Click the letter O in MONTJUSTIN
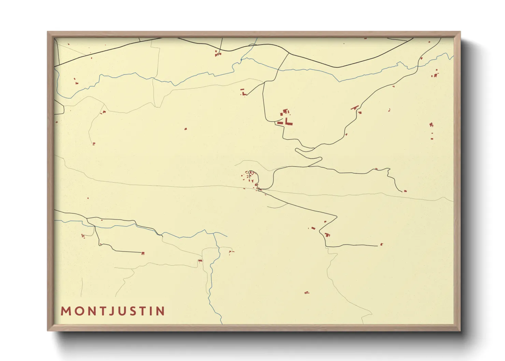[x=78, y=311]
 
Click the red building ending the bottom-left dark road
[x=143, y=253]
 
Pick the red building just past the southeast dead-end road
[x=381, y=244]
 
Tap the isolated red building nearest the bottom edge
[x=306, y=292]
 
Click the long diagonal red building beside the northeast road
[x=355, y=108]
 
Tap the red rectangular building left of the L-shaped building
[x=280, y=123]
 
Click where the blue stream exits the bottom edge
[x=222, y=323]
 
